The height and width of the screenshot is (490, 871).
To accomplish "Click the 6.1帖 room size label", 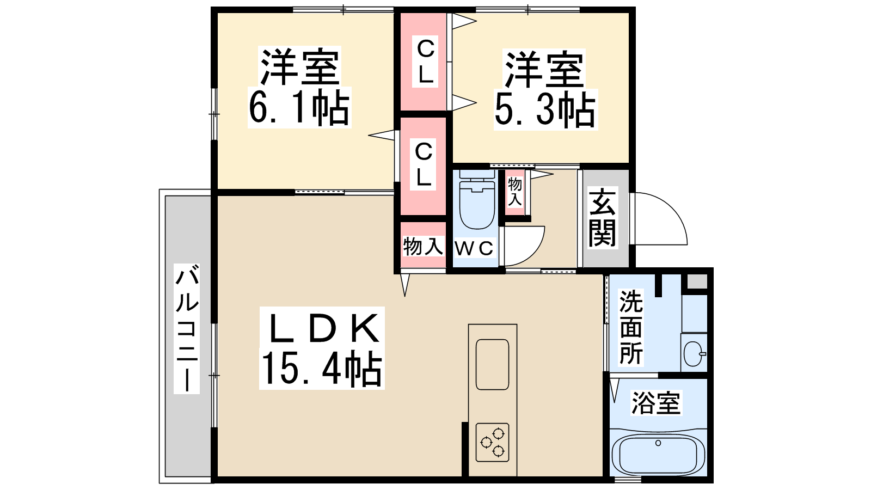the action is click(x=299, y=107).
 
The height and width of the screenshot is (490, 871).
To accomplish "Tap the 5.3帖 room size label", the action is click(x=545, y=109).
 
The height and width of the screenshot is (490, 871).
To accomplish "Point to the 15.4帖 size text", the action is click(x=321, y=369).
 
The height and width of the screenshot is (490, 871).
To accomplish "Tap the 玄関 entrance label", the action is click(x=602, y=218).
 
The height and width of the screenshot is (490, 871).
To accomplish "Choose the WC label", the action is click(x=474, y=248).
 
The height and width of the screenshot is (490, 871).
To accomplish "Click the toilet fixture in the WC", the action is click(x=477, y=200).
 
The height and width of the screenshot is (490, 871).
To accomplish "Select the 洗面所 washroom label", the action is click(x=631, y=327).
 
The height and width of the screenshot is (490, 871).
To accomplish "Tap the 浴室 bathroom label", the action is click(x=656, y=403).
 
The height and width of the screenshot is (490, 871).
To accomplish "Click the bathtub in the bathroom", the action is click(x=658, y=455).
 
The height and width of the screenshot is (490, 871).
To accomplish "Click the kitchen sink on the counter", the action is click(x=492, y=364).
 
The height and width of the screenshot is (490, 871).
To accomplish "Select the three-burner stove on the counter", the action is click(x=492, y=442).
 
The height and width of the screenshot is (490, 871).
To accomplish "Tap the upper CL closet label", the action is click(x=425, y=62).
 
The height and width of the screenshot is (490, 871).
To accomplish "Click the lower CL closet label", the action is click(x=424, y=164).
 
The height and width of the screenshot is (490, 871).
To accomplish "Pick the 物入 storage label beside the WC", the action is click(x=423, y=246).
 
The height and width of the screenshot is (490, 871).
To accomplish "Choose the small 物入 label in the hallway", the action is click(x=515, y=192).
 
